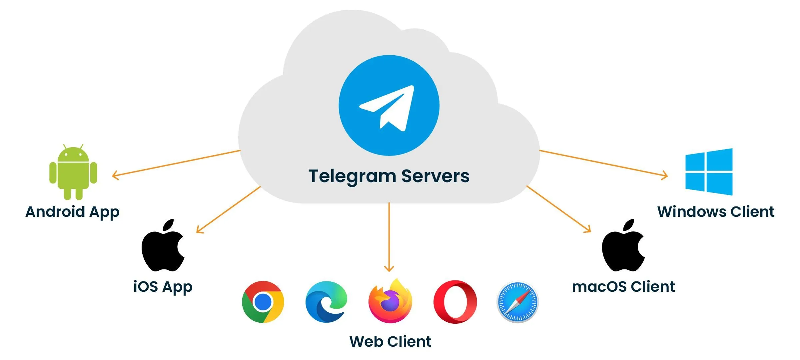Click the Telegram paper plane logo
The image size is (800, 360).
pos(389,105)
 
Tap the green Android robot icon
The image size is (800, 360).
pos(73,172)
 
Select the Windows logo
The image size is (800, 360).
pos(709,172)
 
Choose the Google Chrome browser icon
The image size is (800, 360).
pos(263,302)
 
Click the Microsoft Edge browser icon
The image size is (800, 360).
pos(326,302)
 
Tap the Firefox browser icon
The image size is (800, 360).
pos(390,302)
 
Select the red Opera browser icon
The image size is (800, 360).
pos(455,302)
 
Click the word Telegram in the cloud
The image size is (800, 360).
pos(352,177)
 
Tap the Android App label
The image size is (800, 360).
pos(72,212)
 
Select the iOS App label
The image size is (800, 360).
pos(163,287)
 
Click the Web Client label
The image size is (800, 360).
pos(390,342)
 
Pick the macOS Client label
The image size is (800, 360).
pos(623,287)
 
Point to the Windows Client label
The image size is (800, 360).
pos(716,212)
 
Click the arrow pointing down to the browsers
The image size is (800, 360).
pos(389,236)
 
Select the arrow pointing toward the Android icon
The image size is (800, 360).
pos(177,163)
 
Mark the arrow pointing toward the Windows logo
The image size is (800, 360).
pos(603,163)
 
